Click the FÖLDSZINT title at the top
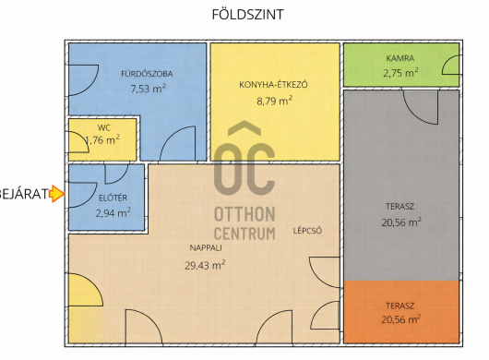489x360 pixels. pos(248,15)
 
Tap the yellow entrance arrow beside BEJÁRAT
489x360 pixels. pos(57,194)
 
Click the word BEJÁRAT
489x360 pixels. pos(24,194)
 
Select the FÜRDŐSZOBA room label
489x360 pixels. pos(147,74)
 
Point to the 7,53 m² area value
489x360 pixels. pos(149,89)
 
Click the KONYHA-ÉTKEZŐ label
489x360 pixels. pos(273,85)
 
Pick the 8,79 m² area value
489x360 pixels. pos(274,101)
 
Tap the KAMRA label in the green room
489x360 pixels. pos(400,58)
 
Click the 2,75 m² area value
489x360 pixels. pos(400,73)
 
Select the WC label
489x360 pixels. pos(104,127)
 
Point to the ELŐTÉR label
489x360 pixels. pos(113,198)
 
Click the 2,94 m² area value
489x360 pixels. pos(113,213)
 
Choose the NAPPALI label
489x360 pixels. pos(206,248)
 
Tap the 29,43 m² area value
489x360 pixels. pos(205,266)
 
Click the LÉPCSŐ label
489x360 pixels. pos(307,231)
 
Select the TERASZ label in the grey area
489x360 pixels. pos(400,207)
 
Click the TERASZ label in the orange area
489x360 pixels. pos(400,306)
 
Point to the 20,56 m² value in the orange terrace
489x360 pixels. pos(401,319)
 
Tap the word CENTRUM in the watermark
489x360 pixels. pos(244,234)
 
